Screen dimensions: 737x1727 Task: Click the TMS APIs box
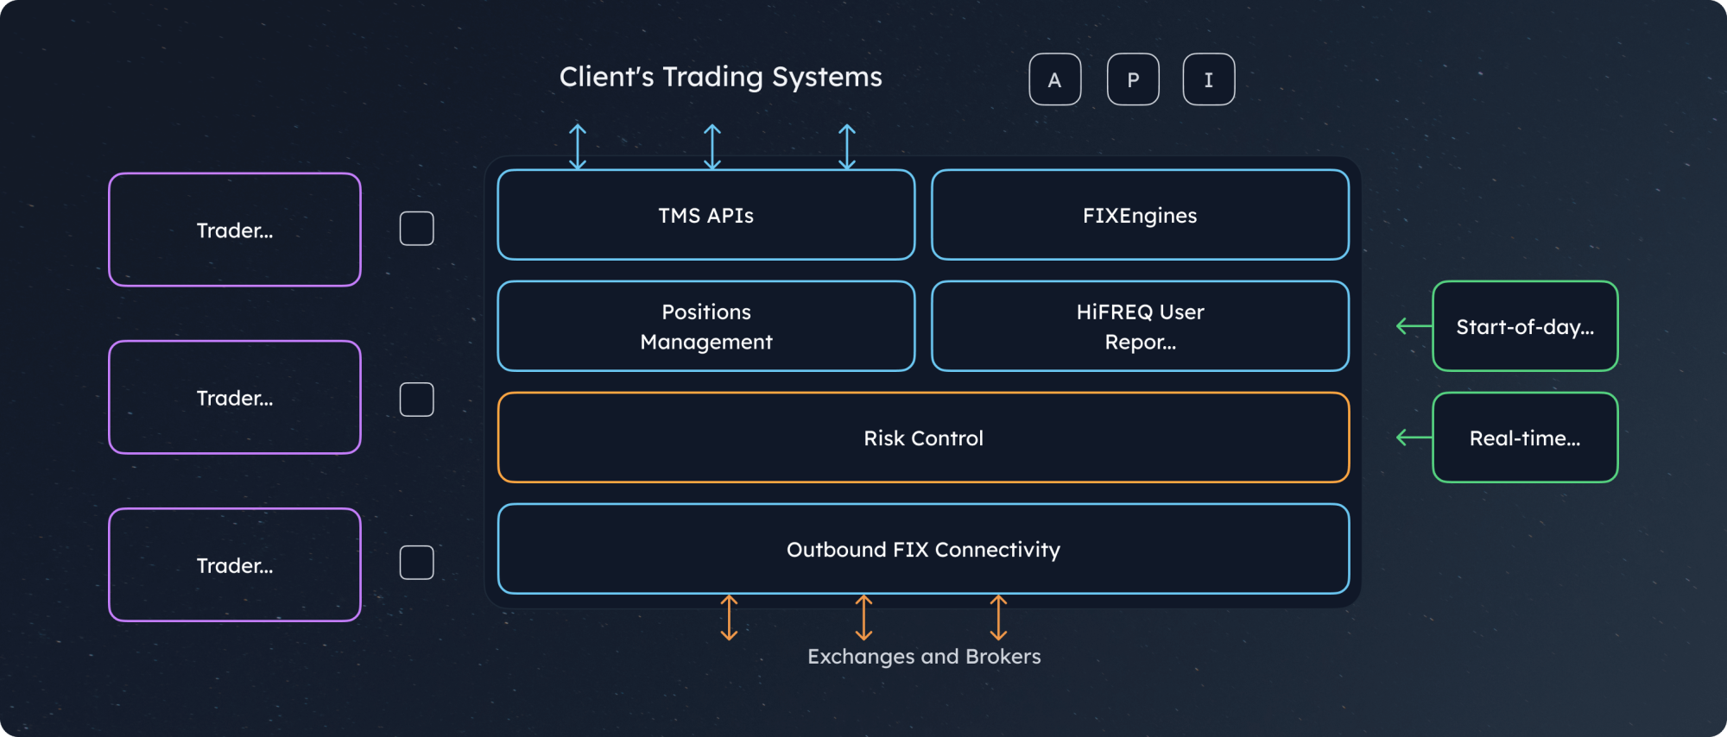pyautogui.click(x=706, y=215)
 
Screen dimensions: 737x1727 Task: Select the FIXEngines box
pyautogui.click(x=1140, y=215)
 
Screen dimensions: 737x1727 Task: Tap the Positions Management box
pyautogui.click(x=706, y=326)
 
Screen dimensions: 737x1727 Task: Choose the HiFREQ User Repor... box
pyautogui.click(x=1140, y=326)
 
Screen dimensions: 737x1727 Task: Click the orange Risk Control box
pyautogui.click(x=923, y=438)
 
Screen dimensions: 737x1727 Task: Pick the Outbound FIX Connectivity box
pyautogui.click(x=923, y=549)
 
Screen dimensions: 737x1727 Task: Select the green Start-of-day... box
pyautogui.click(x=1525, y=326)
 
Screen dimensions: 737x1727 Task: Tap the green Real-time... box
pyautogui.click(x=1525, y=438)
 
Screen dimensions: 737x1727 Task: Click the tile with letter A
pyautogui.click(x=1054, y=79)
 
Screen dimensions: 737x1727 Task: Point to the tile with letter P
pyautogui.click(x=1133, y=79)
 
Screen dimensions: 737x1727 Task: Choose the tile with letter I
pyautogui.click(x=1208, y=79)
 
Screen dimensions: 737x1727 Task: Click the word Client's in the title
pyautogui.click(x=606, y=77)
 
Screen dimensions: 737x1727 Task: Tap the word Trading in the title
pyautogui.click(x=712, y=78)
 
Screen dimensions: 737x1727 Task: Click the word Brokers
pyautogui.click(x=1003, y=657)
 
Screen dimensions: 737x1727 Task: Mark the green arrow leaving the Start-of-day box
pyautogui.click(x=1414, y=326)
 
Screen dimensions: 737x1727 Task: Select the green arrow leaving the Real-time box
pyautogui.click(x=1414, y=438)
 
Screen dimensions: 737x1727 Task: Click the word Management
pyautogui.click(x=706, y=342)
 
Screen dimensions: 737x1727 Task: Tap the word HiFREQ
pyautogui.click(x=1114, y=312)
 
